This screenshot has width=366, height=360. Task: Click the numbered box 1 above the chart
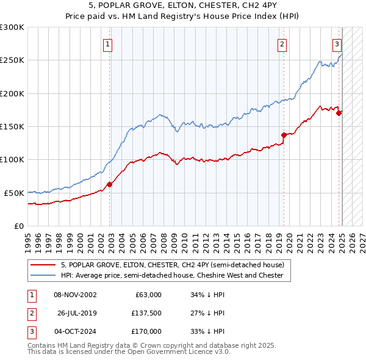[x=107, y=43]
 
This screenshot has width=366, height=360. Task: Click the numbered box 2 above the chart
[x=282, y=43]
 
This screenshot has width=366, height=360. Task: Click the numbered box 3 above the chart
[x=337, y=43]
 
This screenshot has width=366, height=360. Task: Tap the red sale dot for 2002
[x=110, y=184]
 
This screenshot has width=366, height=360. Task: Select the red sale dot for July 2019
[x=284, y=135]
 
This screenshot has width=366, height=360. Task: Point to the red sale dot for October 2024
[x=339, y=112]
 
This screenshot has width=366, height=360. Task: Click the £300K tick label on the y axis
[x=12, y=27]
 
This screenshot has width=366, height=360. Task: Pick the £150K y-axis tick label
[x=12, y=126]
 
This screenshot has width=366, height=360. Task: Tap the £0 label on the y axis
[x=19, y=226]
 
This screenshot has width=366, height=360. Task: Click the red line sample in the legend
[x=43, y=265]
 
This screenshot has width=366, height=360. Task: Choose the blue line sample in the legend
[x=43, y=275]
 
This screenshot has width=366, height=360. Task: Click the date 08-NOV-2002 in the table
[x=75, y=295]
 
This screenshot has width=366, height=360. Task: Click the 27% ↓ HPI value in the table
[x=208, y=313]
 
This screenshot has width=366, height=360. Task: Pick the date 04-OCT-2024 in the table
[x=75, y=331]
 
